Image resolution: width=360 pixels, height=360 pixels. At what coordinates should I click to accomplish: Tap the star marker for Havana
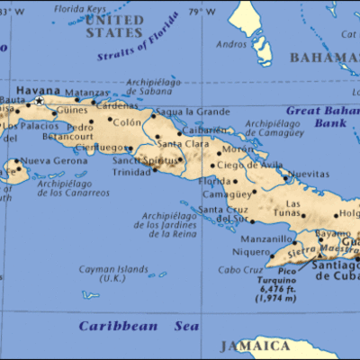point(38,101)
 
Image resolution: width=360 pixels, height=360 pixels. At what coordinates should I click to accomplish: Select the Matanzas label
point(86,93)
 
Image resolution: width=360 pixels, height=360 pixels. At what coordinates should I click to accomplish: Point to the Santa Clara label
point(178,144)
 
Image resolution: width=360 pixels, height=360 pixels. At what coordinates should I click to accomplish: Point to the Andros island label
point(230,43)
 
